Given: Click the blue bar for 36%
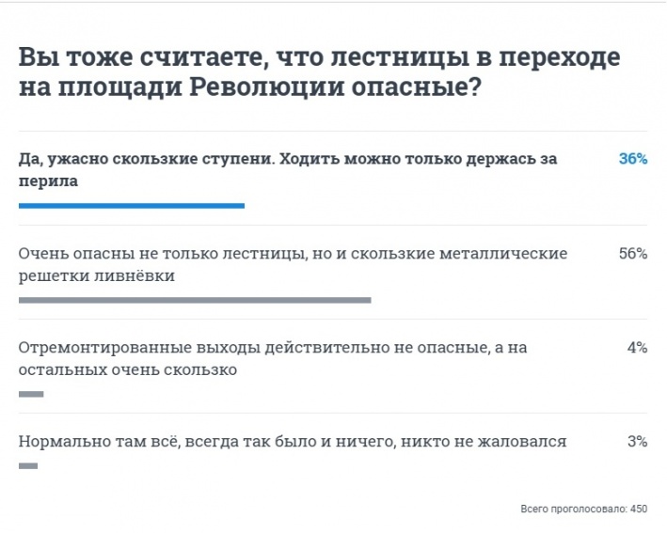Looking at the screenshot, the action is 132,206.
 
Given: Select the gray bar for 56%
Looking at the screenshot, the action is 195,300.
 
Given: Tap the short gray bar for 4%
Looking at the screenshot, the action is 31,394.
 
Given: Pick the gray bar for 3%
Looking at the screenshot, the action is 28,466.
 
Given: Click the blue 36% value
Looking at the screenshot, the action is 633,159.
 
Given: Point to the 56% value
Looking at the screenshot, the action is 633,254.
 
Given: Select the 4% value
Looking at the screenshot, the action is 637,348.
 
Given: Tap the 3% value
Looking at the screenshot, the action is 637,442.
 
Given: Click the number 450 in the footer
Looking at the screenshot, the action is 639,509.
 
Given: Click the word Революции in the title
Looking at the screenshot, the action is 266,87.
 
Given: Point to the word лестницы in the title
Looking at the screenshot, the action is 400,57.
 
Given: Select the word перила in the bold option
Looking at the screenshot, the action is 48,181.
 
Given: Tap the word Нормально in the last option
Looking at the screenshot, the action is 65,442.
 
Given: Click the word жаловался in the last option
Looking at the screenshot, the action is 522,442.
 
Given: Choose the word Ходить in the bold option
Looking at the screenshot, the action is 309,160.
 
